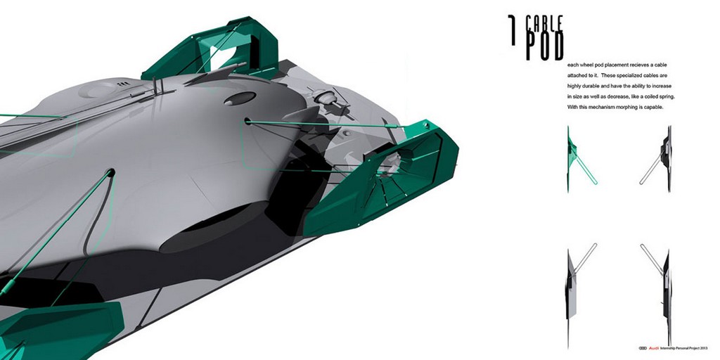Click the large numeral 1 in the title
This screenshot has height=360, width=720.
click(x=512, y=30)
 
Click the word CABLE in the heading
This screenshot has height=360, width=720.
click(x=545, y=24)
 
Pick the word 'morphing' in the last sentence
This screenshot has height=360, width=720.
click(x=629, y=108)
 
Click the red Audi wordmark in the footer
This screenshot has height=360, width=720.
click(x=653, y=348)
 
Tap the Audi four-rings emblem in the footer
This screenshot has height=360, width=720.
click(x=643, y=348)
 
